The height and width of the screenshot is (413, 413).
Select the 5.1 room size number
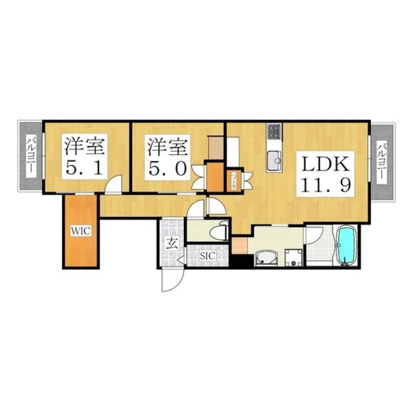pos(83,168)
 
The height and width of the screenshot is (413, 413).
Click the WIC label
pos(80,229)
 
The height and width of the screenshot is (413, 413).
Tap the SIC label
pos(206,256)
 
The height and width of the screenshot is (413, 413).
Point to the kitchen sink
pos(273,159)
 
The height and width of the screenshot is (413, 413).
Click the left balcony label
pos(30,156)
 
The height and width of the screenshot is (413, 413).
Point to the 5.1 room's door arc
pos(112,185)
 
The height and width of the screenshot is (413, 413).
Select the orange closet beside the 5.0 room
pos(214,177)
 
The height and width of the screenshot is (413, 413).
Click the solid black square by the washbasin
pos(242,262)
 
